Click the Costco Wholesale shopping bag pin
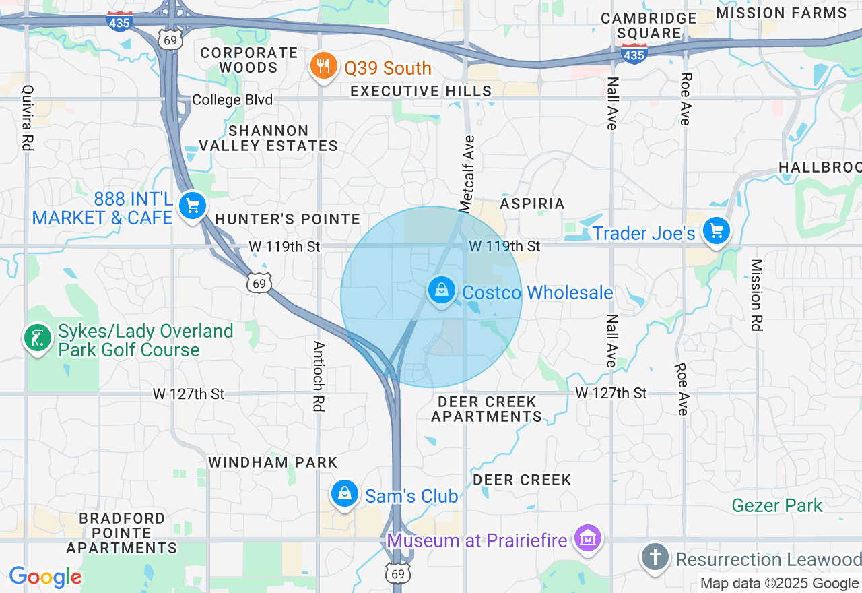click(x=441, y=290)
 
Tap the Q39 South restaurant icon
click(x=324, y=65)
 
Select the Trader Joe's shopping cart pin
click(x=716, y=231)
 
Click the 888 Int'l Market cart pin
click(x=193, y=206)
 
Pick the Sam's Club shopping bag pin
click(x=345, y=494)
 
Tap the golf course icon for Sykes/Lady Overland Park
click(x=38, y=338)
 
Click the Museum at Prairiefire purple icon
click(x=588, y=538)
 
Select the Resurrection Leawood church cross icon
click(x=655, y=557)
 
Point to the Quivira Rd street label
click(x=28, y=117)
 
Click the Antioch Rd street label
click(x=318, y=375)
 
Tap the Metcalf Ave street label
click(x=467, y=173)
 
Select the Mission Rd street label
click(x=756, y=294)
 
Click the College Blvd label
click(x=232, y=100)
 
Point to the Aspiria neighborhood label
click(x=532, y=204)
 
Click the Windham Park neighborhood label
click(x=273, y=462)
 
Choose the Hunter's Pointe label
click(x=288, y=219)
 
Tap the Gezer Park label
click(x=776, y=505)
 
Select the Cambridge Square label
click(x=649, y=26)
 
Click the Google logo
click(x=45, y=576)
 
